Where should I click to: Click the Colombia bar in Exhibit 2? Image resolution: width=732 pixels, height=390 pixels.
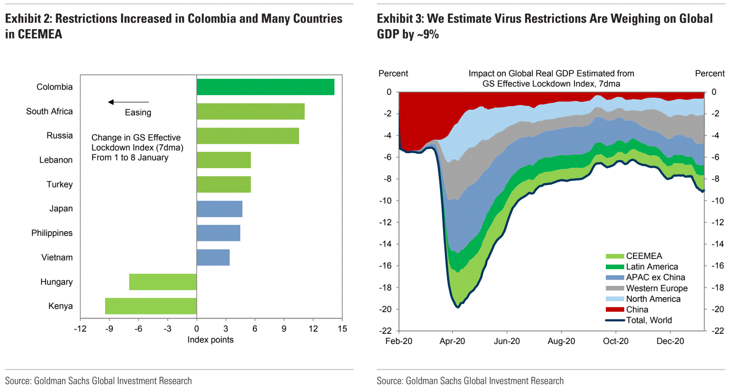[265, 87]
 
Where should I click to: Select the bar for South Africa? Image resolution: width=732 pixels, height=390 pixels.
[250, 112]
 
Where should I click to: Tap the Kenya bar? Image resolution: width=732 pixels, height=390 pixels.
[151, 306]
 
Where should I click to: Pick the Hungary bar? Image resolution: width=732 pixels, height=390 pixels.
[163, 282]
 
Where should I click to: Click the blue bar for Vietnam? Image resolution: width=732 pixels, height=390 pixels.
[213, 258]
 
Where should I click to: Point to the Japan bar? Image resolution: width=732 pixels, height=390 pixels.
[219, 209]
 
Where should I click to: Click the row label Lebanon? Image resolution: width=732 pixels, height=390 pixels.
[56, 160]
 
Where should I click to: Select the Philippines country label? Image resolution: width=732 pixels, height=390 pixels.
[52, 233]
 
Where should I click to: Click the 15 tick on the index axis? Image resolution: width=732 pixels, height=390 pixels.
[342, 329]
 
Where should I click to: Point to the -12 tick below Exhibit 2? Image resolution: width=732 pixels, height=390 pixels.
[80, 329]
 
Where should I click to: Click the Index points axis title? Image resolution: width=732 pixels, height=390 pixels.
[210, 340]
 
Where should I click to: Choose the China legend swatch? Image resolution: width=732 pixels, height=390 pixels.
[615, 310]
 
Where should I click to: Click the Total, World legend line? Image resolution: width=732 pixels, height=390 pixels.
[615, 320]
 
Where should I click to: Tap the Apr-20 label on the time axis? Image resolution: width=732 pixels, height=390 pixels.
[452, 341]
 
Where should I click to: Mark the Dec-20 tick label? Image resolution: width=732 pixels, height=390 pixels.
[670, 341]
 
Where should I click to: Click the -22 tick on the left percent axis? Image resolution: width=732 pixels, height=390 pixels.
[386, 331]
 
